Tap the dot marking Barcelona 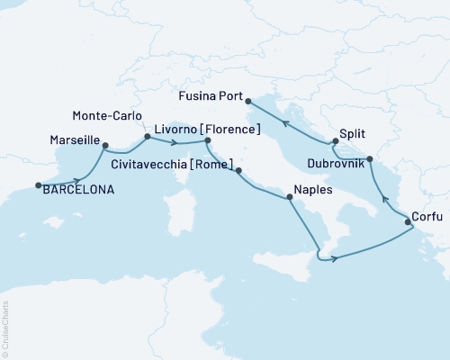pyautogui.click(x=39, y=186)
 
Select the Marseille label pyautogui.click(x=70, y=141)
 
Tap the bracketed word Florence pyautogui.click(x=235, y=130)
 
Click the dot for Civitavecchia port pyautogui.click(x=238, y=168)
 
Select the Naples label pyautogui.click(x=310, y=191)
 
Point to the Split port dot pyautogui.click(x=334, y=141)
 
